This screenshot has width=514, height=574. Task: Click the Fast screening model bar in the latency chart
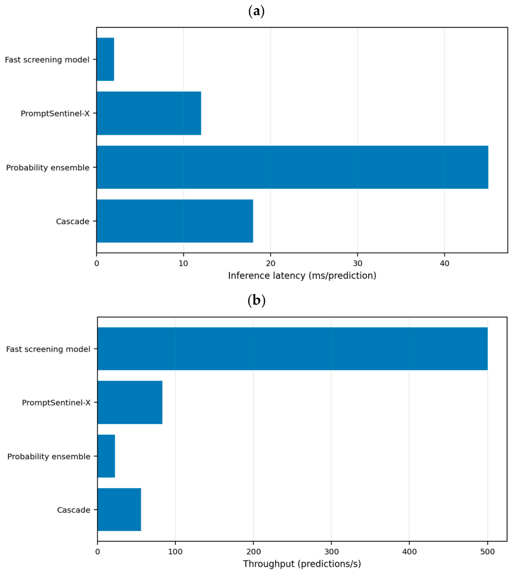[x=105, y=59]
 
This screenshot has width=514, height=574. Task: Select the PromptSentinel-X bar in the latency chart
[x=149, y=113]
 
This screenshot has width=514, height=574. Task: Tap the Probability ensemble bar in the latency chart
[x=292, y=167]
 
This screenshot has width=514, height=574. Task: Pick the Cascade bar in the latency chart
[x=175, y=221]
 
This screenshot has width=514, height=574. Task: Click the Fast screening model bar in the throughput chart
[x=292, y=349]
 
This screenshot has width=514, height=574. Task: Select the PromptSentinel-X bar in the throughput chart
[x=130, y=402]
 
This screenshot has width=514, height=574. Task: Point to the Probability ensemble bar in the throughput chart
[x=106, y=456]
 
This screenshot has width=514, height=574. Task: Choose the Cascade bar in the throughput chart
[x=119, y=510]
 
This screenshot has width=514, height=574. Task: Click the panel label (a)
[x=256, y=11]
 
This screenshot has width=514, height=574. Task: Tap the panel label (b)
[x=257, y=301]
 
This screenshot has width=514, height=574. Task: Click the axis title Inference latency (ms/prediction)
[x=302, y=276]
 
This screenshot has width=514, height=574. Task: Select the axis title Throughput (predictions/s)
[x=302, y=564]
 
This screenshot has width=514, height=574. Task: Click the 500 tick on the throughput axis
[x=487, y=552]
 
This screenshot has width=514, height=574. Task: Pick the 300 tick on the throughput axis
[x=331, y=552]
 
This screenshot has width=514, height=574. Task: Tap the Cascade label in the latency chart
[x=73, y=222]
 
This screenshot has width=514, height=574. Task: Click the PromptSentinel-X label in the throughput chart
[x=56, y=402]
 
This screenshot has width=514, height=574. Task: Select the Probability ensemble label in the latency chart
[x=48, y=168]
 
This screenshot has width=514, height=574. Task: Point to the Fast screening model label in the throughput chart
[x=48, y=349]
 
